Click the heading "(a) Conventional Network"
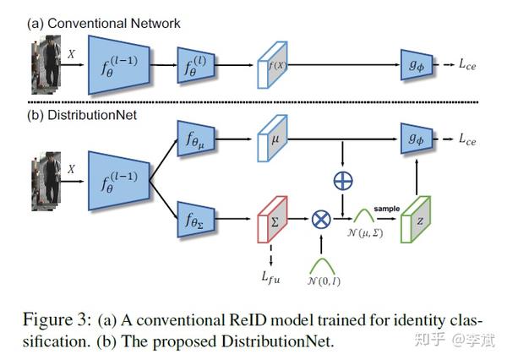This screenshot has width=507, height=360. click(101, 22)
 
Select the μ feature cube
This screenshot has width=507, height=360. click(273, 136)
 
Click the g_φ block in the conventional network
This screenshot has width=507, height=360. click(416, 63)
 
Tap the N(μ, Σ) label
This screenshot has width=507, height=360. click(365, 234)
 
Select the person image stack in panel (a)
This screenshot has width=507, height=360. click(36, 63)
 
